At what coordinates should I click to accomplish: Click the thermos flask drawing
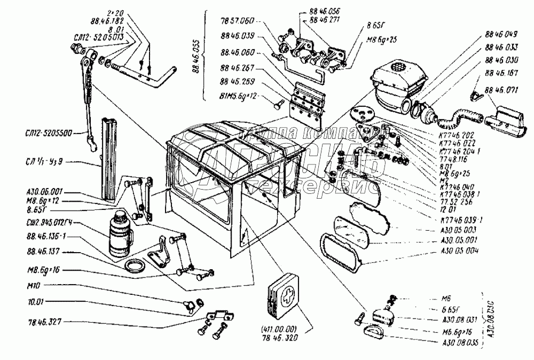(117, 233)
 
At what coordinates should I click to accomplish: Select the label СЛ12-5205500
(52, 132)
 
